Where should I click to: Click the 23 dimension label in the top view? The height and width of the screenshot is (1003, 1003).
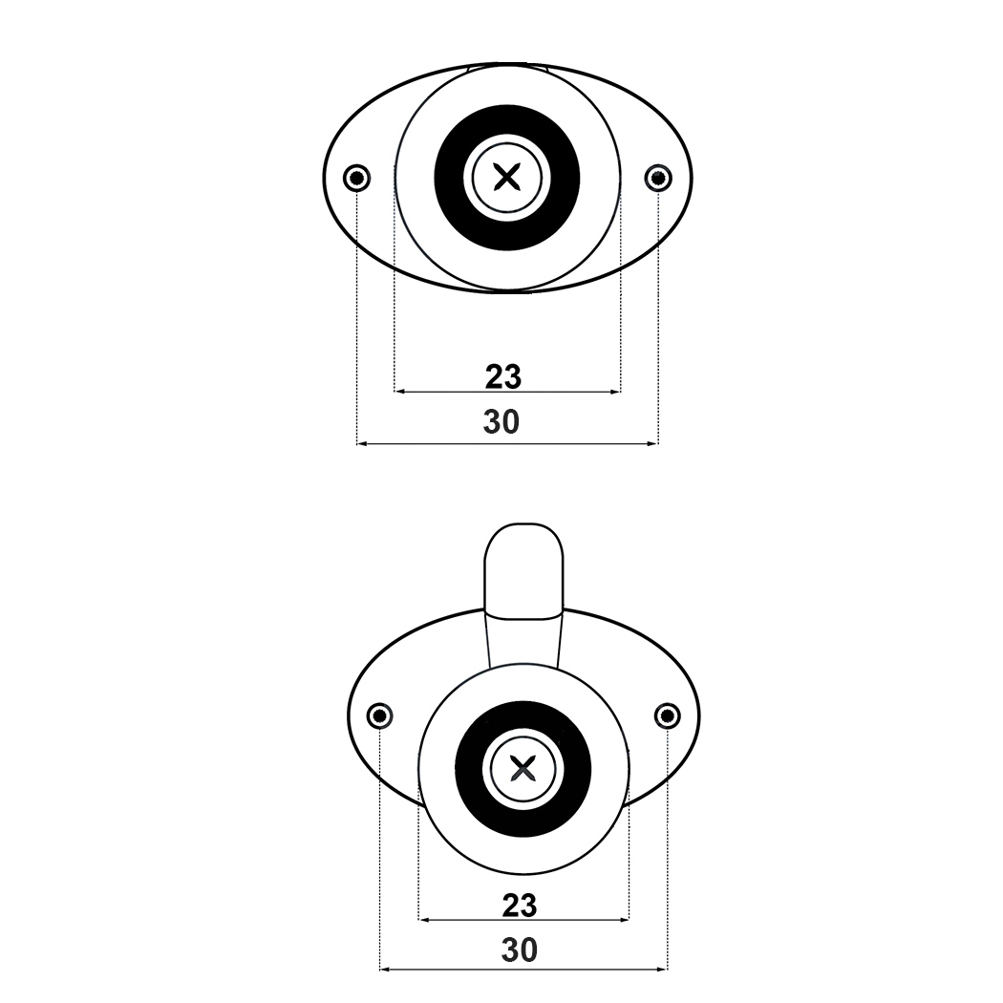tap(503, 376)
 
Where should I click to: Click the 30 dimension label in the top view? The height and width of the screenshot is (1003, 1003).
tap(501, 422)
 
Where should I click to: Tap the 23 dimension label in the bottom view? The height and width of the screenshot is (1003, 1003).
tap(520, 906)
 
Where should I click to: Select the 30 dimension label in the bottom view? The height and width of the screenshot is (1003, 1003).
tap(520, 951)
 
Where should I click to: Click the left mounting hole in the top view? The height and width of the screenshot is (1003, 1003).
tap(357, 177)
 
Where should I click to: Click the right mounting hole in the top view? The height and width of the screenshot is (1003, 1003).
tap(658, 177)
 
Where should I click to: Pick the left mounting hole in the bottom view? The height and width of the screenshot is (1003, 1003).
tap(380, 715)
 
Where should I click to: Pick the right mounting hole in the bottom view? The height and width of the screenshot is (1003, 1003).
tap(667, 715)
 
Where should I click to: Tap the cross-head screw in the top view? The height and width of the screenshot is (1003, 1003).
tap(507, 177)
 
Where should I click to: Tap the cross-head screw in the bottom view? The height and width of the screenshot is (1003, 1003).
tap(523, 768)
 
